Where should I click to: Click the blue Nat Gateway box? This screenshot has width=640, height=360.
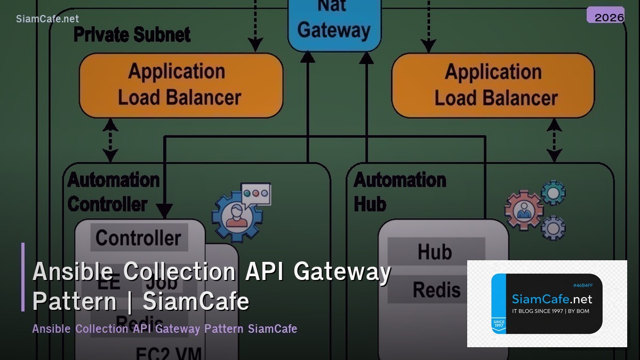click(334, 24)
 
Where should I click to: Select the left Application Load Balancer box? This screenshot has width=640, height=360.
click(180, 85)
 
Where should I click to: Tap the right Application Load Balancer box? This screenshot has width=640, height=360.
click(493, 85)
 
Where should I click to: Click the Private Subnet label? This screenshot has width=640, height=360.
click(132, 35)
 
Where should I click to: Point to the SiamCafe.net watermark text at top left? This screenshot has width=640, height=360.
click(47, 19)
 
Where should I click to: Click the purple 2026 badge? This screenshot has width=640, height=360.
click(605, 15)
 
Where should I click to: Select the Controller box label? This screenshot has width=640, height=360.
click(139, 238)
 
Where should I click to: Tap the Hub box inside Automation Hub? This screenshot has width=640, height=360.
click(435, 251)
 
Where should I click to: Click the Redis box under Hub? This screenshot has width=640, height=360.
click(436, 290)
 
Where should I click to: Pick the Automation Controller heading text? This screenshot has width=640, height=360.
click(113, 192)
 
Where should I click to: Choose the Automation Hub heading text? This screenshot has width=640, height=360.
click(399, 192)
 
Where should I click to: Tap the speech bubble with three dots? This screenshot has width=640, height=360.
click(256, 193)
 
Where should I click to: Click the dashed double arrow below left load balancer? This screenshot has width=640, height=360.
click(110, 140)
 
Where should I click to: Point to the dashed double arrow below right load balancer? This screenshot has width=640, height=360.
click(554, 140)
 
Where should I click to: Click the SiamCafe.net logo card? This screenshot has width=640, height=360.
click(547, 303)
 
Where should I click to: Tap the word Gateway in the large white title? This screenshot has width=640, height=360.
click(342, 272)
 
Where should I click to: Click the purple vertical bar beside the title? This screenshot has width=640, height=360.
click(23, 277)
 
